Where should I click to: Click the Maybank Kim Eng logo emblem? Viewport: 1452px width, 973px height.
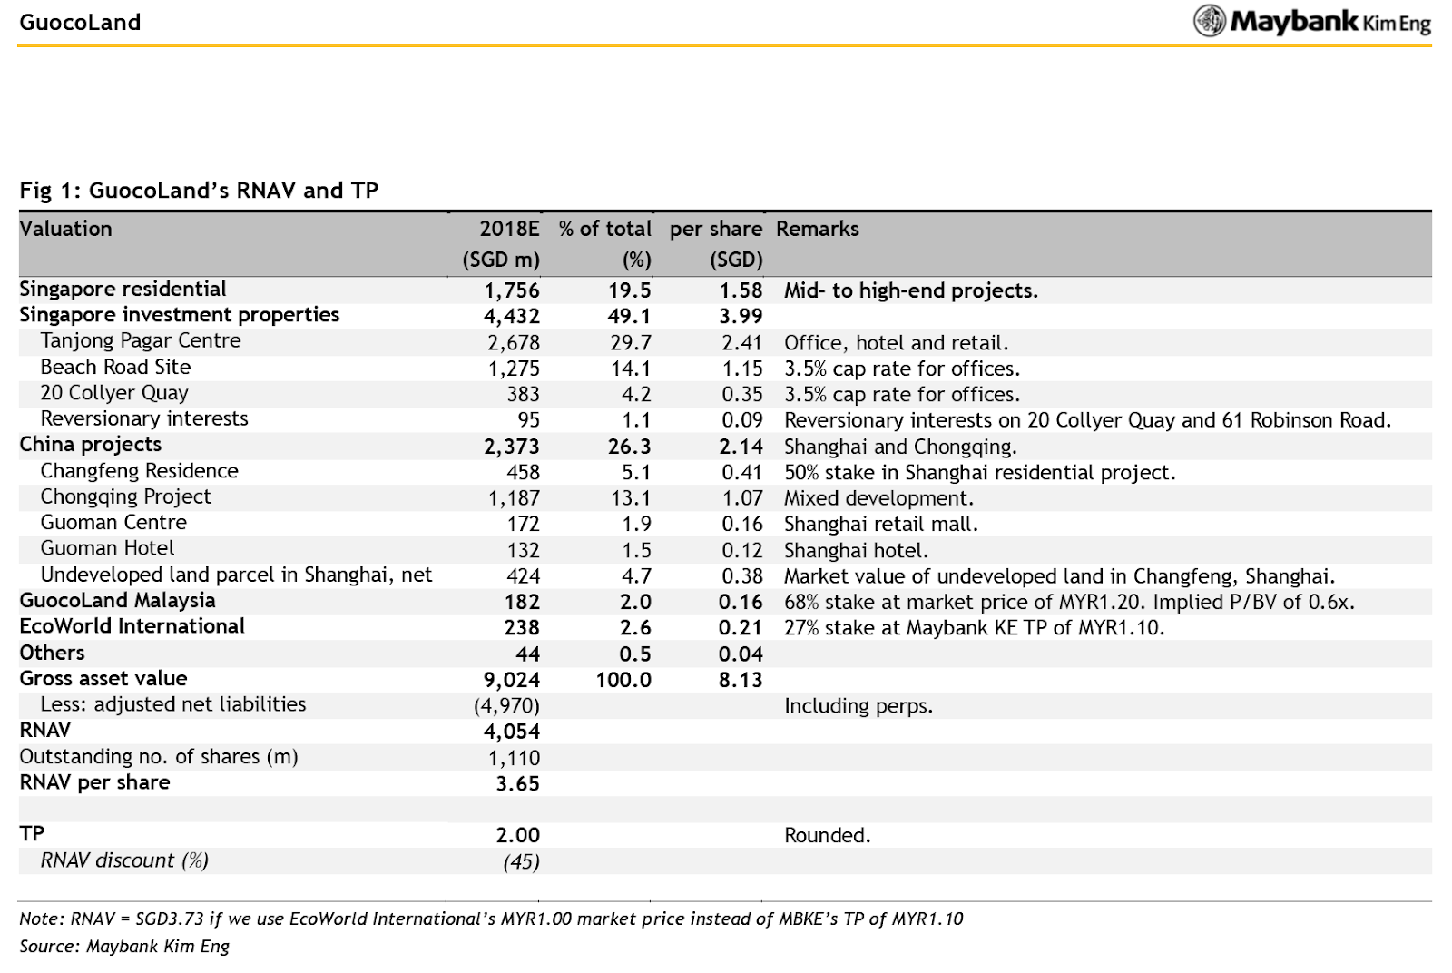pyautogui.click(x=1210, y=21)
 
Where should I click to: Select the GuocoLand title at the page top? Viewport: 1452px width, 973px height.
pyautogui.click(x=80, y=23)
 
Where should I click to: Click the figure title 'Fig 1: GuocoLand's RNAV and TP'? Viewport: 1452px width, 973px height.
pyautogui.click(x=199, y=191)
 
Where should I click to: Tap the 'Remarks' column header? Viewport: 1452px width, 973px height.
pyautogui.click(x=817, y=229)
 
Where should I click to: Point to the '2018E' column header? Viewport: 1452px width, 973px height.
pyautogui.click(x=509, y=229)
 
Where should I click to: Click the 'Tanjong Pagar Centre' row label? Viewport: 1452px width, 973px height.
pyautogui.click(x=140, y=341)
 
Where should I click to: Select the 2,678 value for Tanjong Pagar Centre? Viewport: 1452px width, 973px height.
pyautogui.click(x=514, y=343)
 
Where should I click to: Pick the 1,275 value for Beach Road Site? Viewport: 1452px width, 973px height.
pyautogui.click(x=514, y=369)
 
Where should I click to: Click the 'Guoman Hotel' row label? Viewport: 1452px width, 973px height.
pyautogui.click(x=107, y=548)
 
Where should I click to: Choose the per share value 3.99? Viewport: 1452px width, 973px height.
pyautogui.click(x=741, y=317)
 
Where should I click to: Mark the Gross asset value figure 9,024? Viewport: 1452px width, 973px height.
pyautogui.click(x=512, y=680)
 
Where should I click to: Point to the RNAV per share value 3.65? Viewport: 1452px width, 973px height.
pyautogui.click(x=518, y=783)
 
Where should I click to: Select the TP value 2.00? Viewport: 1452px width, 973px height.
pyautogui.click(x=518, y=836)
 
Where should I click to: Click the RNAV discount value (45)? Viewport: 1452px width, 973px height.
pyautogui.click(x=522, y=861)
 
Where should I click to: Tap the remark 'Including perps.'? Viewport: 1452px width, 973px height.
pyautogui.click(x=858, y=706)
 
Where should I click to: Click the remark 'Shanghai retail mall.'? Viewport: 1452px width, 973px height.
pyautogui.click(x=881, y=524)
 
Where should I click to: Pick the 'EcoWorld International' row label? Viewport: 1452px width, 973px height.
pyautogui.click(x=132, y=626)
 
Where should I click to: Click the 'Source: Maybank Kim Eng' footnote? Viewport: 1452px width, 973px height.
pyautogui.click(x=124, y=947)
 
